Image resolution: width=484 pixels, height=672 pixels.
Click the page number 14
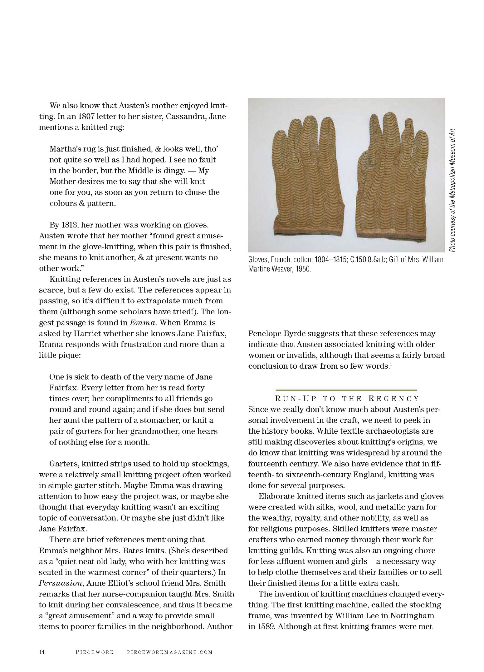42,652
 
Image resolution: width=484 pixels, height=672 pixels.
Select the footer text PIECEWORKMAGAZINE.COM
170,652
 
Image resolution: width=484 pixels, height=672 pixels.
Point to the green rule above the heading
346,390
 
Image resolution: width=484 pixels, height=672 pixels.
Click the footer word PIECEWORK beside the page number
95,652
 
